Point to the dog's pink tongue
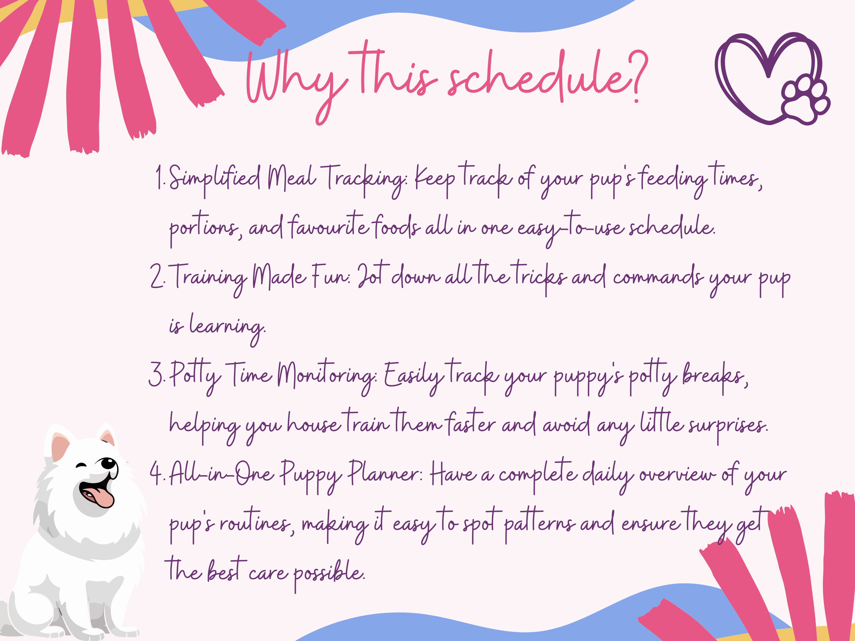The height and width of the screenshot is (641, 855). [101, 497]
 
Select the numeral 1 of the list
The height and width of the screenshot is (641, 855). [158, 177]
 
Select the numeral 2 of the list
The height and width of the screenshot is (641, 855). [156, 276]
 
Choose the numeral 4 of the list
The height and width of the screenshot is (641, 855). [156, 473]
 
